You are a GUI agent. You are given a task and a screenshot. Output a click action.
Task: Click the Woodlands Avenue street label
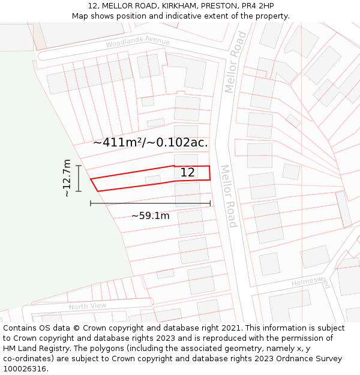137,43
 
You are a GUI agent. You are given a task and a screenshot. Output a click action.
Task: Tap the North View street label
87,307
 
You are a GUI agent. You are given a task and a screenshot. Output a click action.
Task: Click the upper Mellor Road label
236,62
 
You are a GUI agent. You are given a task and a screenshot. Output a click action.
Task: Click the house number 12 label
188,173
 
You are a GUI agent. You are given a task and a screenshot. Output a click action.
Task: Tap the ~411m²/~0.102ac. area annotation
151,143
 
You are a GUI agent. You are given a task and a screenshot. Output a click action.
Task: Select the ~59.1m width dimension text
151,216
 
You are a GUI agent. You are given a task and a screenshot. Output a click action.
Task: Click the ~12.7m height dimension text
67,178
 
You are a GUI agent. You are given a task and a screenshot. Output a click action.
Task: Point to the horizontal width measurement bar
151,204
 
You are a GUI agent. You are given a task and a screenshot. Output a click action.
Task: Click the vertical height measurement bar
79,178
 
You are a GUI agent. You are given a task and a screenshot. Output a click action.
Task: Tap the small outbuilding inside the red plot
153,179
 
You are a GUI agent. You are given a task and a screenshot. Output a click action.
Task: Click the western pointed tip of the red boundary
91,179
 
